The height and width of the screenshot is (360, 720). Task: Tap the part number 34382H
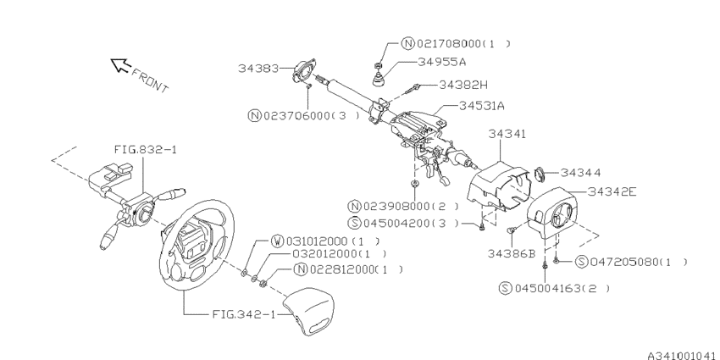point(464,85)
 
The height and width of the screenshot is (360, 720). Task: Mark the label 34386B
point(512,252)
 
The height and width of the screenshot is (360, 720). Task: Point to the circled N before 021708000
point(407,42)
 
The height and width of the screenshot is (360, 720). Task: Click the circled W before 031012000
point(277,240)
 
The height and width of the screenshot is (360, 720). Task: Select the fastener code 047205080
point(626,262)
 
